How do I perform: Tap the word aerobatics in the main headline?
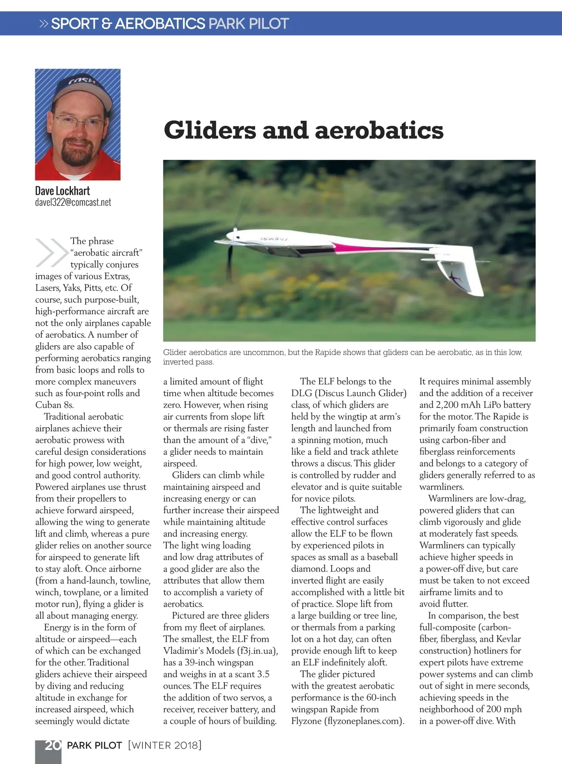coord(379,130)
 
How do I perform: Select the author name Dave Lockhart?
coord(62,191)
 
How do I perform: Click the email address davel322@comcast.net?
coord(73,202)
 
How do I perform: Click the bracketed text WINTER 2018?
coord(164,745)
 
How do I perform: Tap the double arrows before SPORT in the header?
coord(44,23)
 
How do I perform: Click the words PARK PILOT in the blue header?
coord(248,23)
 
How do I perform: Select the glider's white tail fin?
coord(461,276)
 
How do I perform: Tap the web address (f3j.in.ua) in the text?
coord(257,651)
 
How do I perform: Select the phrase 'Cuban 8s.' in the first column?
coord(54,405)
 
